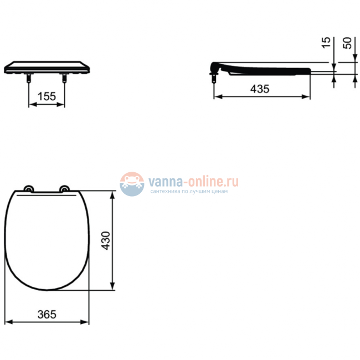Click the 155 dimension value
(x=47, y=96)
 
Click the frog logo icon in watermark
(x=132, y=183)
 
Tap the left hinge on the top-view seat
(x=28, y=189)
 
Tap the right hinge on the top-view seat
(x=65, y=189)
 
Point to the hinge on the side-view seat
(x=215, y=70)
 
